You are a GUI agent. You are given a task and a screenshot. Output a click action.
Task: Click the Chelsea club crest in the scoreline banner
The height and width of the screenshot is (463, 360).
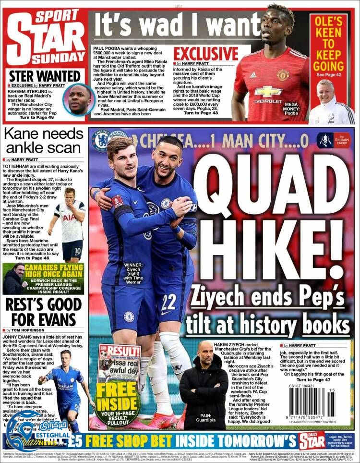[101, 140]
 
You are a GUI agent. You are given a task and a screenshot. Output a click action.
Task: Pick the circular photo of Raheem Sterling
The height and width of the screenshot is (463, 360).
[79, 99]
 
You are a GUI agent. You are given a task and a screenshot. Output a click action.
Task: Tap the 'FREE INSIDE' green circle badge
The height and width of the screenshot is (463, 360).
[118, 403]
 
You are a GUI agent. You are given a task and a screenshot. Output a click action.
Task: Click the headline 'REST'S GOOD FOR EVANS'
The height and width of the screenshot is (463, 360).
[43, 311]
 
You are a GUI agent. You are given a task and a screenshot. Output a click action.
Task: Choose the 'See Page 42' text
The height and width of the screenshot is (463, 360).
[328, 75]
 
